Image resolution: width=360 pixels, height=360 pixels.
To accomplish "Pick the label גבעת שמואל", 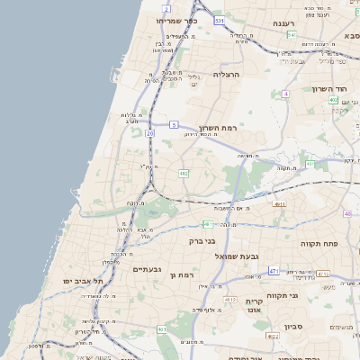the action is click(x=237, y=256).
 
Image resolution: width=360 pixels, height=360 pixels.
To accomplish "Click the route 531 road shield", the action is click(x=219, y=18).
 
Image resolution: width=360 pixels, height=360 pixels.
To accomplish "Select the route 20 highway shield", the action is click(x=149, y=133).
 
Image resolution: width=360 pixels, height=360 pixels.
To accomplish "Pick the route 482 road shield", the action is click(x=184, y=172).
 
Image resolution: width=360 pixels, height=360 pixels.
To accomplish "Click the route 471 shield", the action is click(x=272, y=271).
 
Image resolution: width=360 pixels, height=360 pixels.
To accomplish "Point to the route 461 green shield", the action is click(x=162, y=330).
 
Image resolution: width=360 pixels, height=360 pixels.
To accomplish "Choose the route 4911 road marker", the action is click(x=280, y=204).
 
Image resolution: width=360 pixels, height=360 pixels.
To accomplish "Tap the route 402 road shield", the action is click(x=333, y=100).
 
